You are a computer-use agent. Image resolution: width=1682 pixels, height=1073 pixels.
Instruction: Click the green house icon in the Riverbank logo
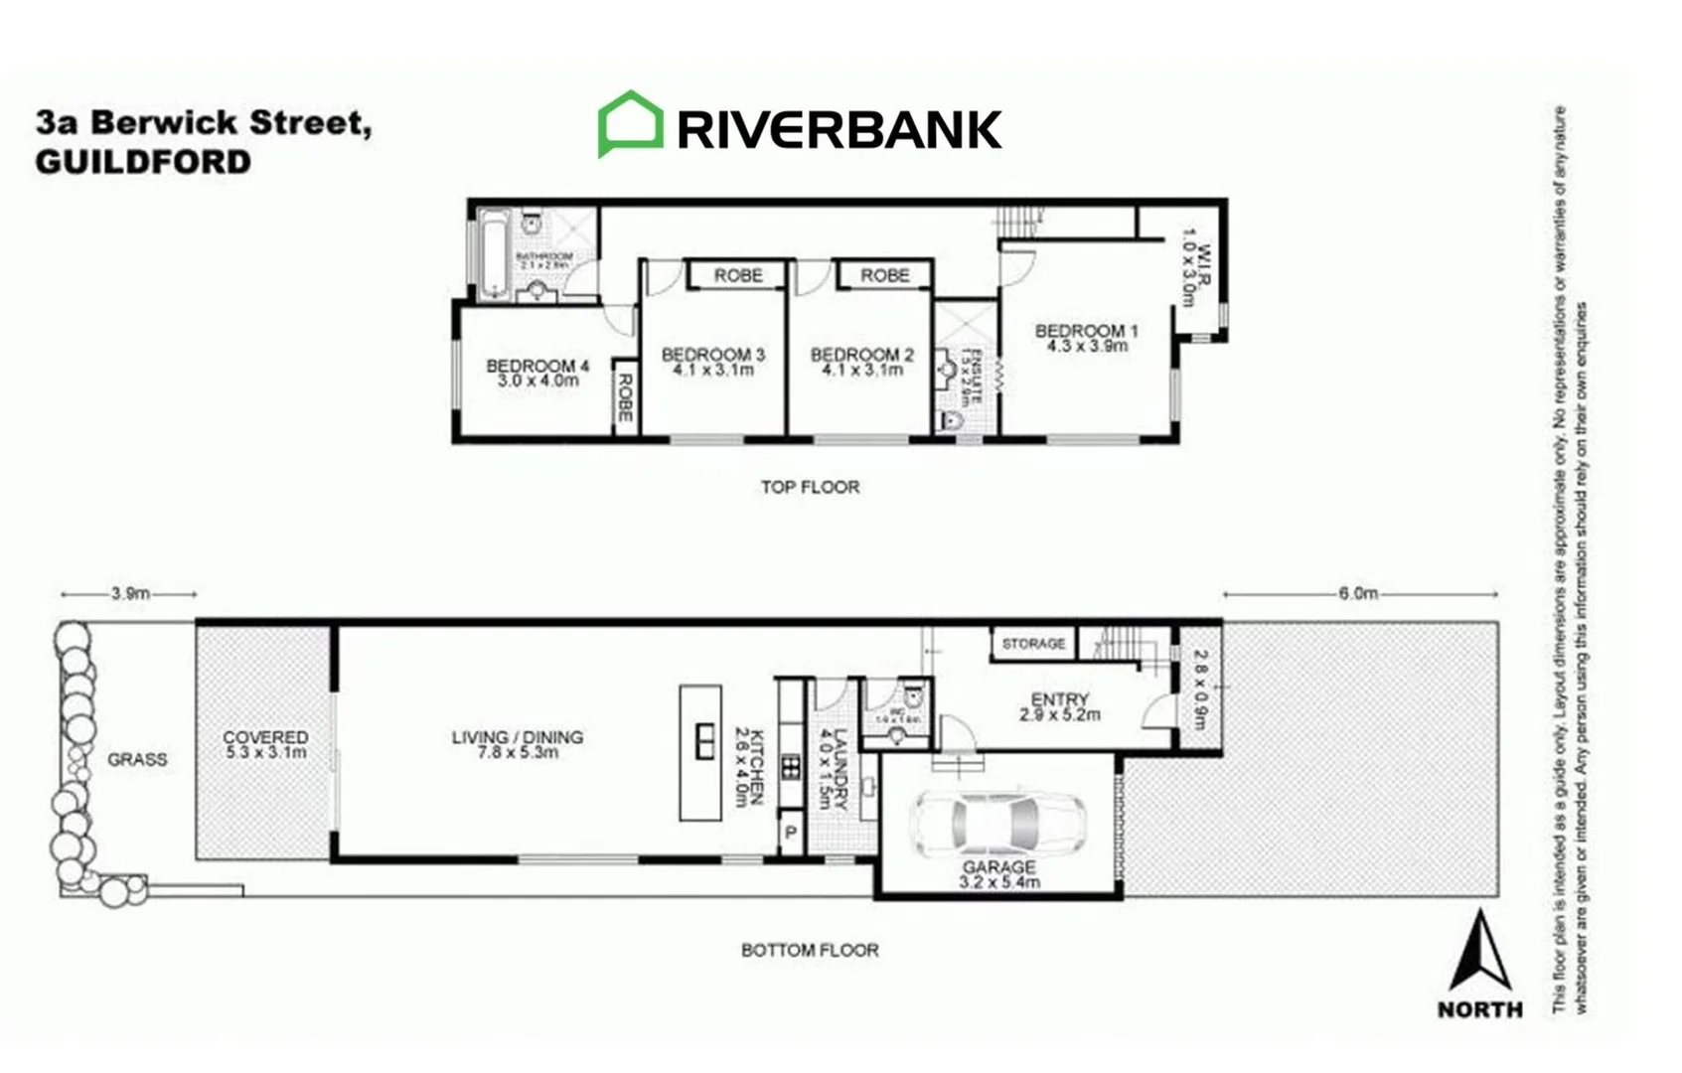tap(630, 124)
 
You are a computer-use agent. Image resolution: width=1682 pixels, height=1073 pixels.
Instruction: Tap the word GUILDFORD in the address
tap(143, 162)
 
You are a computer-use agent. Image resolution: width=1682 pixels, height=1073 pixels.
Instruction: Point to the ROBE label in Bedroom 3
tap(738, 275)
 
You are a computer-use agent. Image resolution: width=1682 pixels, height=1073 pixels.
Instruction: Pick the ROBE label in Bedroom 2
tap(884, 275)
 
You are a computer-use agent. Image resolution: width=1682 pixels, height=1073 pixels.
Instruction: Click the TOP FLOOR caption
tap(810, 487)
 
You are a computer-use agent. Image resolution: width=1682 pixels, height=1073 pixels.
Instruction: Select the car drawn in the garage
tap(996, 823)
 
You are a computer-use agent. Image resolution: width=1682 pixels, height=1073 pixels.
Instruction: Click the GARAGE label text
tap(998, 867)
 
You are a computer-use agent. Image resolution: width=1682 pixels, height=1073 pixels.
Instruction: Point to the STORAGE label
tap(1033, 644)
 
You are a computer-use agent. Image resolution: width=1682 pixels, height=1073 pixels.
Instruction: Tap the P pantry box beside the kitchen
tap(791, 833)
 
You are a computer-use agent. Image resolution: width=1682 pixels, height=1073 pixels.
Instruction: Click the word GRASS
tap(137, 760)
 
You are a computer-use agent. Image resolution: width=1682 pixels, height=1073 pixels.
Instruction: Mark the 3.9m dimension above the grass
tap(130, 594)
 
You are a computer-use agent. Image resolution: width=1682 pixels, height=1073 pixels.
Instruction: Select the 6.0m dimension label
tap(1358, 594)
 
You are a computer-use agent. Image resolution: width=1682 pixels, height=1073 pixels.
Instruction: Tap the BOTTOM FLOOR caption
tap(810, 950)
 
